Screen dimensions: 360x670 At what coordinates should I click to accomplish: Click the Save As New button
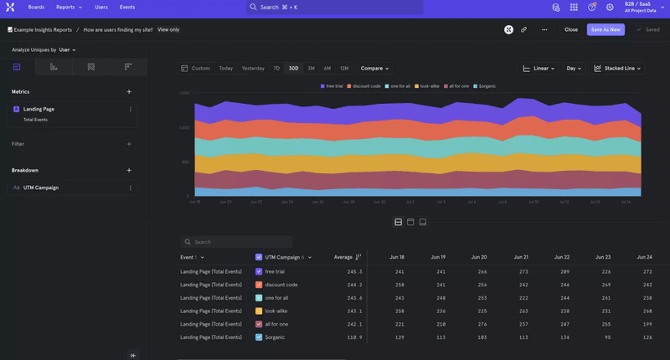click(x=605, y=29)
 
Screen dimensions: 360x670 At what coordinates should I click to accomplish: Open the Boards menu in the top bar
click(x=36, y=7)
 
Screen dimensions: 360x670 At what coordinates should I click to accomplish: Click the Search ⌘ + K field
click(x=334, y=7)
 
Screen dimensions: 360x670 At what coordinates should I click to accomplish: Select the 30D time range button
click(x=293, y=68)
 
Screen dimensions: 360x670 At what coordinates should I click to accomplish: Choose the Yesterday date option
click(x=253, y=68)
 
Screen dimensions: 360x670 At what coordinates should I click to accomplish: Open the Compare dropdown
click(x=374, y=68)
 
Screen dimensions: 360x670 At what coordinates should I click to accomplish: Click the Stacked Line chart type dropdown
click(x=617, y=68)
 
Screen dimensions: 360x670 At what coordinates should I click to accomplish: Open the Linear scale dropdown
click(x=539, y=68)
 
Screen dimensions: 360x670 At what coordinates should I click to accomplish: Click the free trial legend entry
click(x=332, y=86)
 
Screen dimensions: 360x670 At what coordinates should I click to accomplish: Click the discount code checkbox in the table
click(x=259, y=285)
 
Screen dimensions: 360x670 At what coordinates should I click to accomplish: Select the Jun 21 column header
click(x=520, y=257)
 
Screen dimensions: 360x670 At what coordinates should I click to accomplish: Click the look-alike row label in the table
click(x=276, y=311)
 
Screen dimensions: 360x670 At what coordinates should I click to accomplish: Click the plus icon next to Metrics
click(x=129, y=91)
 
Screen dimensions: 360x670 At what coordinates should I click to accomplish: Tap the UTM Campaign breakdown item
click(x=41, y=188)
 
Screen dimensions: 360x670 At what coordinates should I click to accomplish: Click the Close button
click(x=570, y=29)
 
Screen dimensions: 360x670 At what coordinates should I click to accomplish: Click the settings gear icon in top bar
click(x=610, y=7)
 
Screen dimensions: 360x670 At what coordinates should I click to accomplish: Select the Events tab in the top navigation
click(x=127, y=7)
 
